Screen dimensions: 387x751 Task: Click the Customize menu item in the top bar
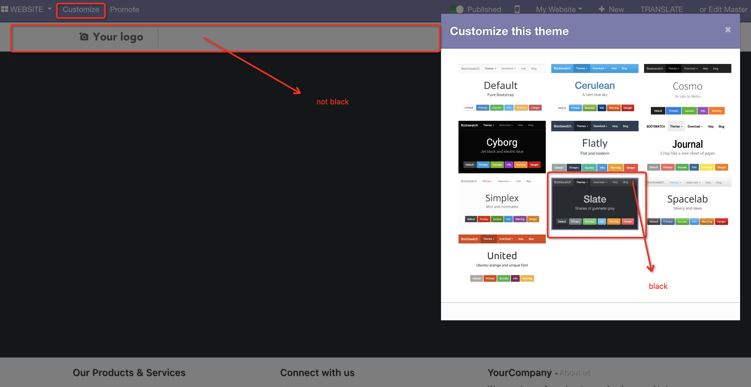[x=81, y=10]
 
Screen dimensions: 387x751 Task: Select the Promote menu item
[x=124, y=10]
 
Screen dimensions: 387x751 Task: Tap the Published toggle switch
[x=457, y=9]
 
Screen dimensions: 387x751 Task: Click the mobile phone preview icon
[x=517, y=9]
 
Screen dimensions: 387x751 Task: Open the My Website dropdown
[x=559, y=10]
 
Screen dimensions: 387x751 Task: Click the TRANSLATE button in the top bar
[x=661, y=10]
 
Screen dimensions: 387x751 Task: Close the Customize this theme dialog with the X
[x=728, y=30]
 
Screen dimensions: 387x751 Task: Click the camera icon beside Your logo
[x=84, y=37]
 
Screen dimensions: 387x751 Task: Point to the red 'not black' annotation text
[x=332, y=102]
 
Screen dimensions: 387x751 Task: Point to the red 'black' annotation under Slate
[x=658, y=286]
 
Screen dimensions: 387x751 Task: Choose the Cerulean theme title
[x=594, y=86]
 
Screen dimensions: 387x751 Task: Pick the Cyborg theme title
[x=502, y=143]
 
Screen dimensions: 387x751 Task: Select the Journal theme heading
[x=687, y=144]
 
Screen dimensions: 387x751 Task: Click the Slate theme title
[x=594, y=199]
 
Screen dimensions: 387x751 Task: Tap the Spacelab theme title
[x=687, y=199]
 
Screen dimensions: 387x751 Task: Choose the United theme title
[x=502, y=256]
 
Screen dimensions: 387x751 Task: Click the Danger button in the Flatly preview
[x=631, y=168]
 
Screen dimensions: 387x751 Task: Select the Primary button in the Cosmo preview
[x=673, y=111]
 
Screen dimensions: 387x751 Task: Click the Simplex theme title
[x=502, y=198]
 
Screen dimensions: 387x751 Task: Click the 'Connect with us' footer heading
[x=317, y=373]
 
